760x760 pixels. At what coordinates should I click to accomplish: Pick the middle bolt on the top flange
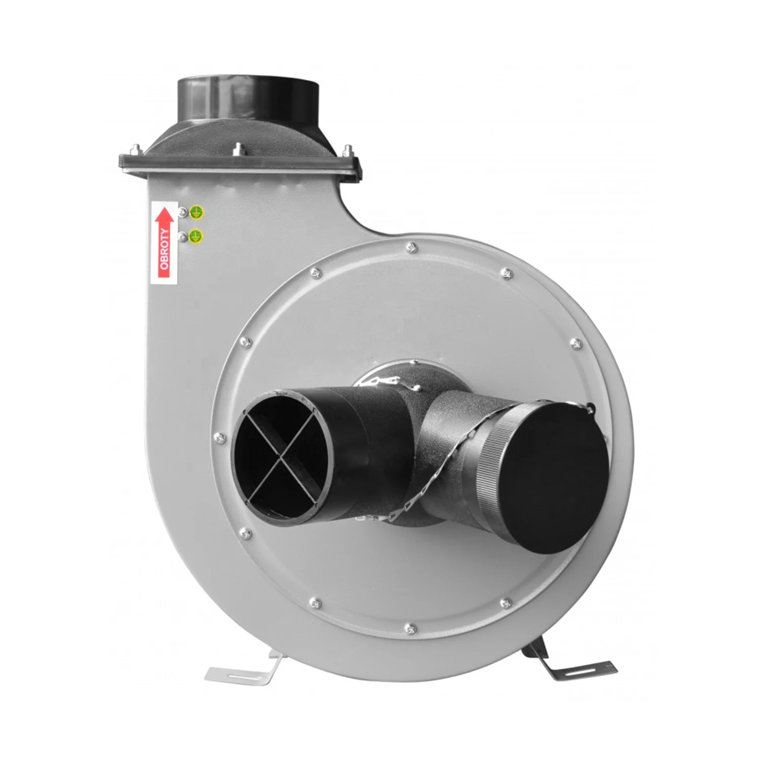[238, 149]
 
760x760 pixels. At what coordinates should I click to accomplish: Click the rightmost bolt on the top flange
[347, 150]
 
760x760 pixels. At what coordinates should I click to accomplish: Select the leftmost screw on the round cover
[218, 436]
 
